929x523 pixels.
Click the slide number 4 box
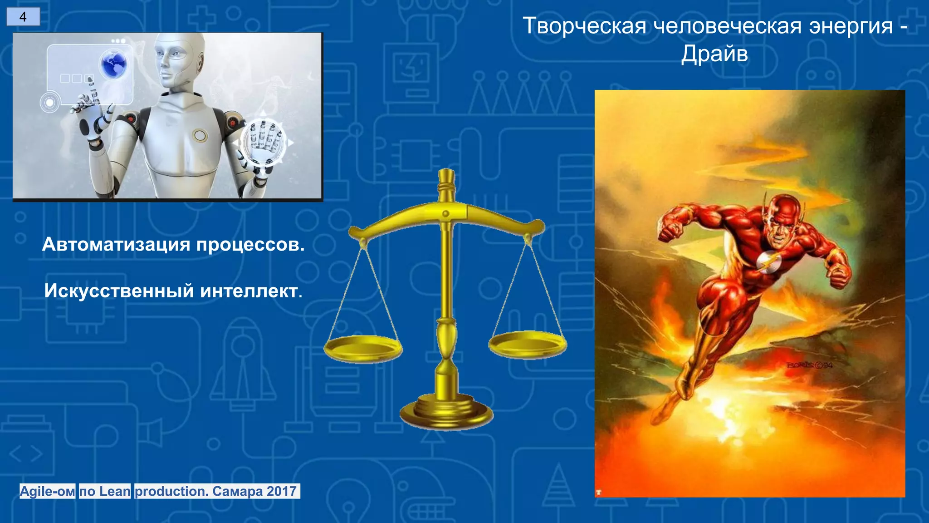point(23,17)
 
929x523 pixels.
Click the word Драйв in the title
point(714,54)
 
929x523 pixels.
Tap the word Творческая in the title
point(585,26)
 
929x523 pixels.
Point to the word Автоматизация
point(116,245)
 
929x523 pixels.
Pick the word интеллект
point(250,291)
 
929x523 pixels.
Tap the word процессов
point(250,245)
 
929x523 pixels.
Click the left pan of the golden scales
point(363,349)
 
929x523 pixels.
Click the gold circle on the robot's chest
point(200,135)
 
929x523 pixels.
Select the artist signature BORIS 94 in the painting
point(810,365)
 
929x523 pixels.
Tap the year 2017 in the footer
point(282,491)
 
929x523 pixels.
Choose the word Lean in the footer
point(115,491)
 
